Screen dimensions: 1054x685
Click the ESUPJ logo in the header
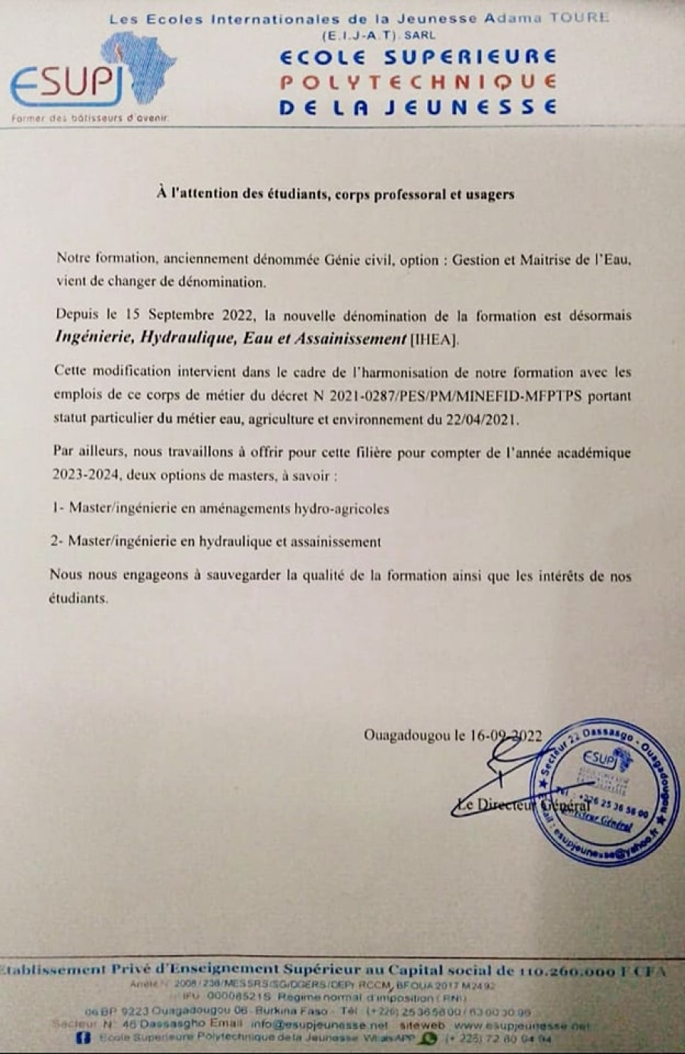click(x=91, y=76)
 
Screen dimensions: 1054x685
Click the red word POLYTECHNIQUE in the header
click(x=418, y=82)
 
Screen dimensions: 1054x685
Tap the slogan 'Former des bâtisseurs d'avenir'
click(x=90, y=118)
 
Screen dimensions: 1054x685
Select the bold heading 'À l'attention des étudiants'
click(x=336, y=194)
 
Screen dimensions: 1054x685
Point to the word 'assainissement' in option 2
click(x=336, y=542)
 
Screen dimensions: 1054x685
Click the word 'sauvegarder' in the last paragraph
click(x=242, y=576)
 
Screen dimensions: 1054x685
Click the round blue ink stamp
click(x=598, y=791)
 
